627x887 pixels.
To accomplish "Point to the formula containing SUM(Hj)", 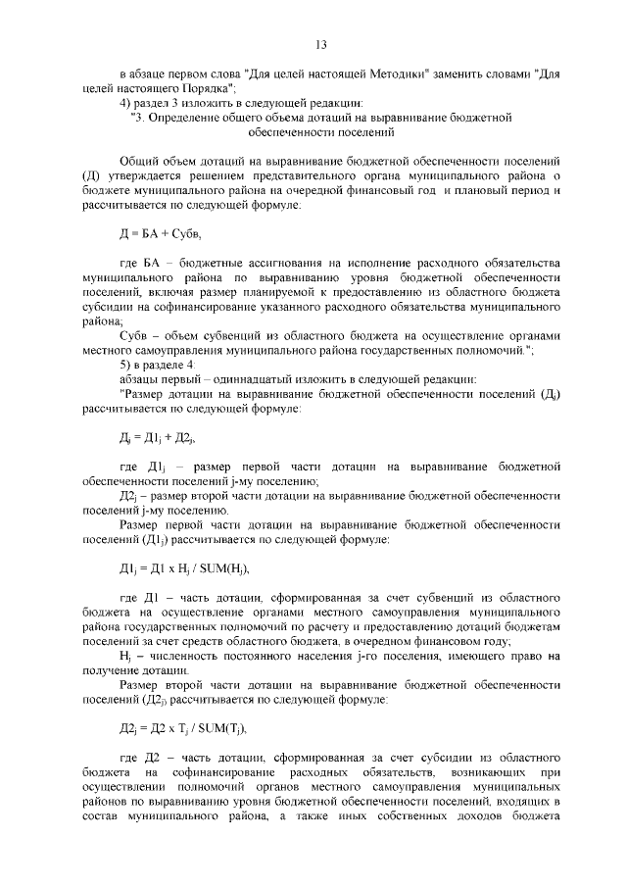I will pos(177,567).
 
